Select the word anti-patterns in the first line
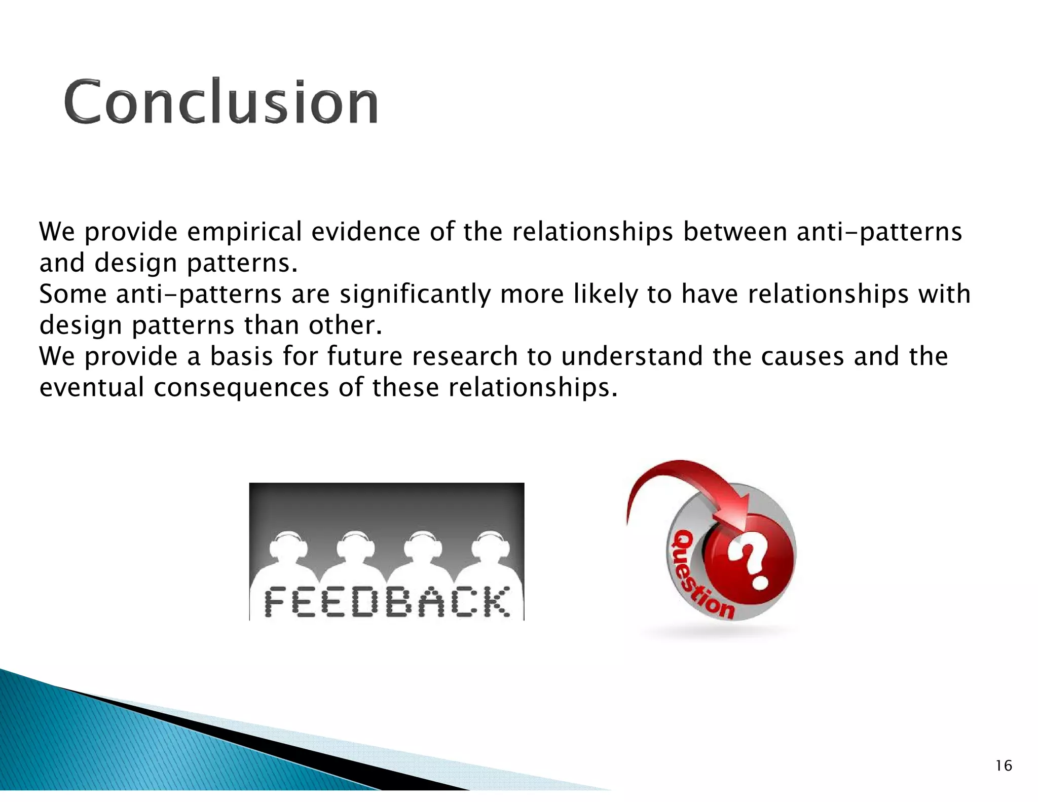[879, 232]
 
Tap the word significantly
[415, 295]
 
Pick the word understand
[632, 356]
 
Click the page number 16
[1003, 765]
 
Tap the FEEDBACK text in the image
[387, 602]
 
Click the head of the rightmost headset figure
[490, 546]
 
